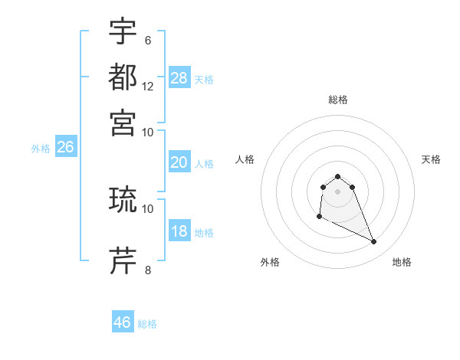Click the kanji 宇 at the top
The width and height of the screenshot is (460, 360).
pyautogui.click(x=123, y=32)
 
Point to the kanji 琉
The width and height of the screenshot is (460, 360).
pyautogui.click(x=123, y=201)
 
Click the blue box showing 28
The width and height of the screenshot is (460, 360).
pyautogui.click(x=179, y=77)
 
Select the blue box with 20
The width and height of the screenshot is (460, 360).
pyautogui.click(x=179, y=162)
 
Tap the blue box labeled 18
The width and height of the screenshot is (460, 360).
pyautogui.click(x=179, y=232)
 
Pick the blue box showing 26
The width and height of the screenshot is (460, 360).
pyautogui.click(x=65, y=148)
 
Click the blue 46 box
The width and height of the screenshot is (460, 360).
pyautogui.click(x=123, y=322)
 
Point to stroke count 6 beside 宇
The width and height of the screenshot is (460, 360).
pyautogui.click(x=148, y=41)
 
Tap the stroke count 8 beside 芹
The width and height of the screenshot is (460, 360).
pyautogui.click(x=148, y=270)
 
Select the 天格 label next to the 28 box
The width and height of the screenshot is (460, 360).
pyautogui.click(x=204, y=79)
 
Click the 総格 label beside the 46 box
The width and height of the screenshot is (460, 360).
pyautogui.click(x=147, y=324)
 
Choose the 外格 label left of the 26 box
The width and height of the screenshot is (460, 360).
pyautogui.click(x=40, y=149)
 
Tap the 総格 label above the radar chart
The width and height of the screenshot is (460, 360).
pyautogui.click(x=337, y=100)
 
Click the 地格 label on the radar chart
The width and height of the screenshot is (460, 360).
pyautogui.click(x=402, y=262)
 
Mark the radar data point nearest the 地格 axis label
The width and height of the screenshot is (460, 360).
pyautogui.click(x=374, y=242)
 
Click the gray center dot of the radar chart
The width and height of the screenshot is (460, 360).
pyautogui.click(x=337, y=191)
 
